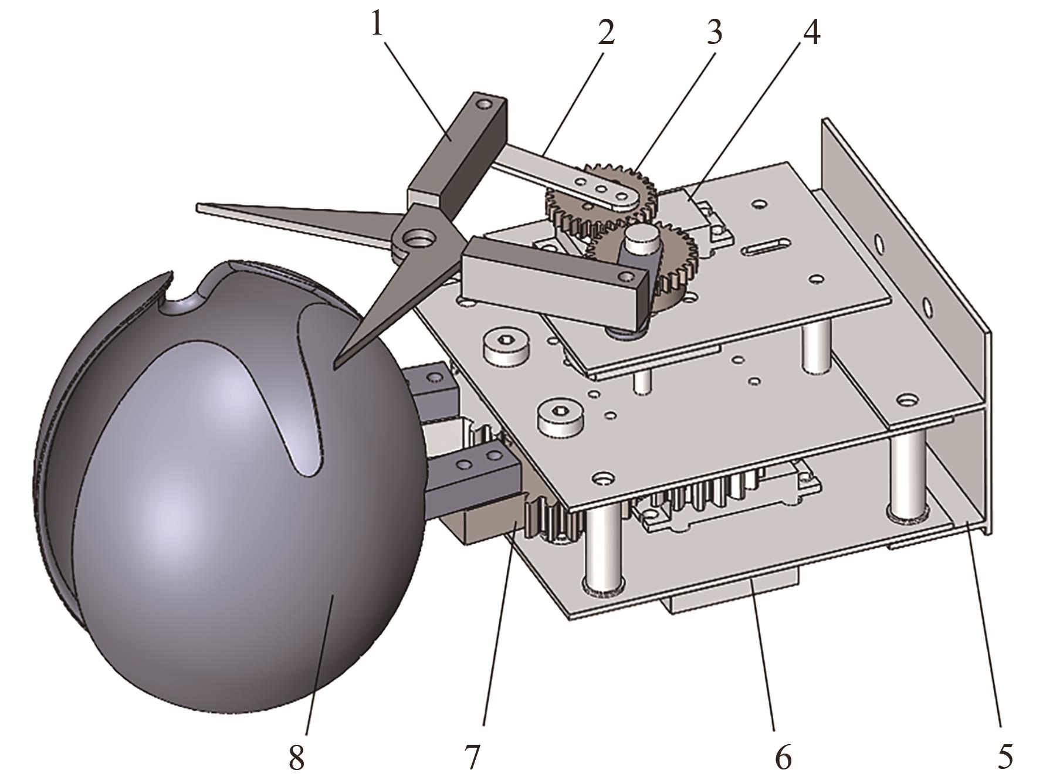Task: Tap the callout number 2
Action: [x=606, y=32]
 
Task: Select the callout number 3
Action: [x=713, y=32]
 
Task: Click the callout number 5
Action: [x=1004, y=754]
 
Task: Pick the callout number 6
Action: [x=783, y=754]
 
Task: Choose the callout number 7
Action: [x=472, y=754]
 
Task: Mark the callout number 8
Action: [x=297, y=754]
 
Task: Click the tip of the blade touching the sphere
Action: [x=336, y=365]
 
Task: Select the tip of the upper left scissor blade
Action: [x=201, y=206]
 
